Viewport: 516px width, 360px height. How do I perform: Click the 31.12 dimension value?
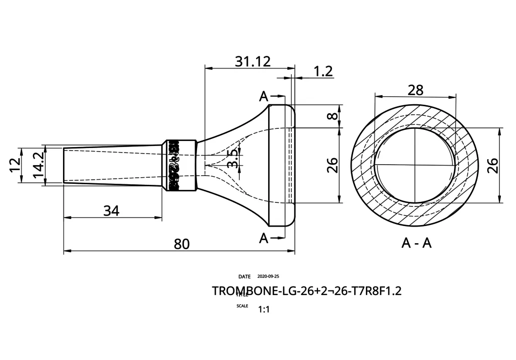point(252,61)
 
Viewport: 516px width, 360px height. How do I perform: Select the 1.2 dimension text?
point(323,71)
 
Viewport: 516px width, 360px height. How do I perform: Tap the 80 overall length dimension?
point(181,244)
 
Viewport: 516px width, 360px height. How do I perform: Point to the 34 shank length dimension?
point(111,211)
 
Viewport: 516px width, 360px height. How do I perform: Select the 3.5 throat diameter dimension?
point(232,159)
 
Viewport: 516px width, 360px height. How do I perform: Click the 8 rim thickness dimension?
point(331,116)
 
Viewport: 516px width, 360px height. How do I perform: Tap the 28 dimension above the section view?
point(415,90)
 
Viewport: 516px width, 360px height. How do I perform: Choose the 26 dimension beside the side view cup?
point(332,165)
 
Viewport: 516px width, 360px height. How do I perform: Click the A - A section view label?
point(416,243)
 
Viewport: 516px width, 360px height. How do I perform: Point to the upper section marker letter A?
point(264,97)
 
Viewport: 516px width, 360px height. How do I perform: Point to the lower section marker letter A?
point(264,238)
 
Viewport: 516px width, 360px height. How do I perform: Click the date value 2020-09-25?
point(268,276)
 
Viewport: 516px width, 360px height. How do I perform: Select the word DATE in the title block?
point(244,276)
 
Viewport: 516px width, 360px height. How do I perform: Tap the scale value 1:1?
point(264,310)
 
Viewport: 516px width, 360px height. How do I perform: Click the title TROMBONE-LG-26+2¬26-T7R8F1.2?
point(306,292)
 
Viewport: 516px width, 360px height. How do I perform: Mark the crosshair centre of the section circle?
point(415,165)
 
